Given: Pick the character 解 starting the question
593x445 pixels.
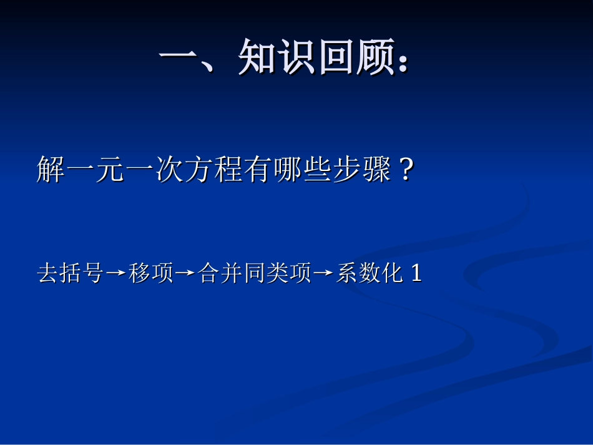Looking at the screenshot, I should pos(51,169).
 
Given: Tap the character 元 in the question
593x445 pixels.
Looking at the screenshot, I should pos(111,169).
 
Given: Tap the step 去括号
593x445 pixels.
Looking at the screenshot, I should pos(71,273).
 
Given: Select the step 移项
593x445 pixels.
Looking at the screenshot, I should pos(151,273).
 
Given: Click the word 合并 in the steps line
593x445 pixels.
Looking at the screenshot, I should pos(220,273).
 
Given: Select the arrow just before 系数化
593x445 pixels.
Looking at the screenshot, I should pos(323,274).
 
